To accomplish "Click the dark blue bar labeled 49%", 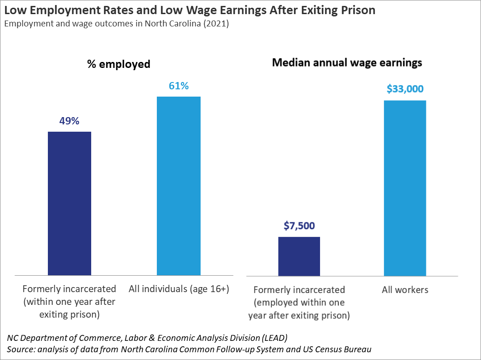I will click(69, 203).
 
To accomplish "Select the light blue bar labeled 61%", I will click(178, 185).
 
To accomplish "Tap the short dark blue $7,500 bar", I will click(299, 256).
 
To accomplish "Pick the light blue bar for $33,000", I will click(405, 188).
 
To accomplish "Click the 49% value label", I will click(69, 121).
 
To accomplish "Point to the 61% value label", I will click(178, 86).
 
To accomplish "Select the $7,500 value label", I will click(299, 226).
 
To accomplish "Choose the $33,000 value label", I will click(405, 89).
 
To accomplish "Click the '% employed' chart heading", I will click(119, 64).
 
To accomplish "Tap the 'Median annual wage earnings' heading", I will click(347, 63).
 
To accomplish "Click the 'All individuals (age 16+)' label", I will click(179, 288).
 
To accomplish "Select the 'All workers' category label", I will click(405, 290).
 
